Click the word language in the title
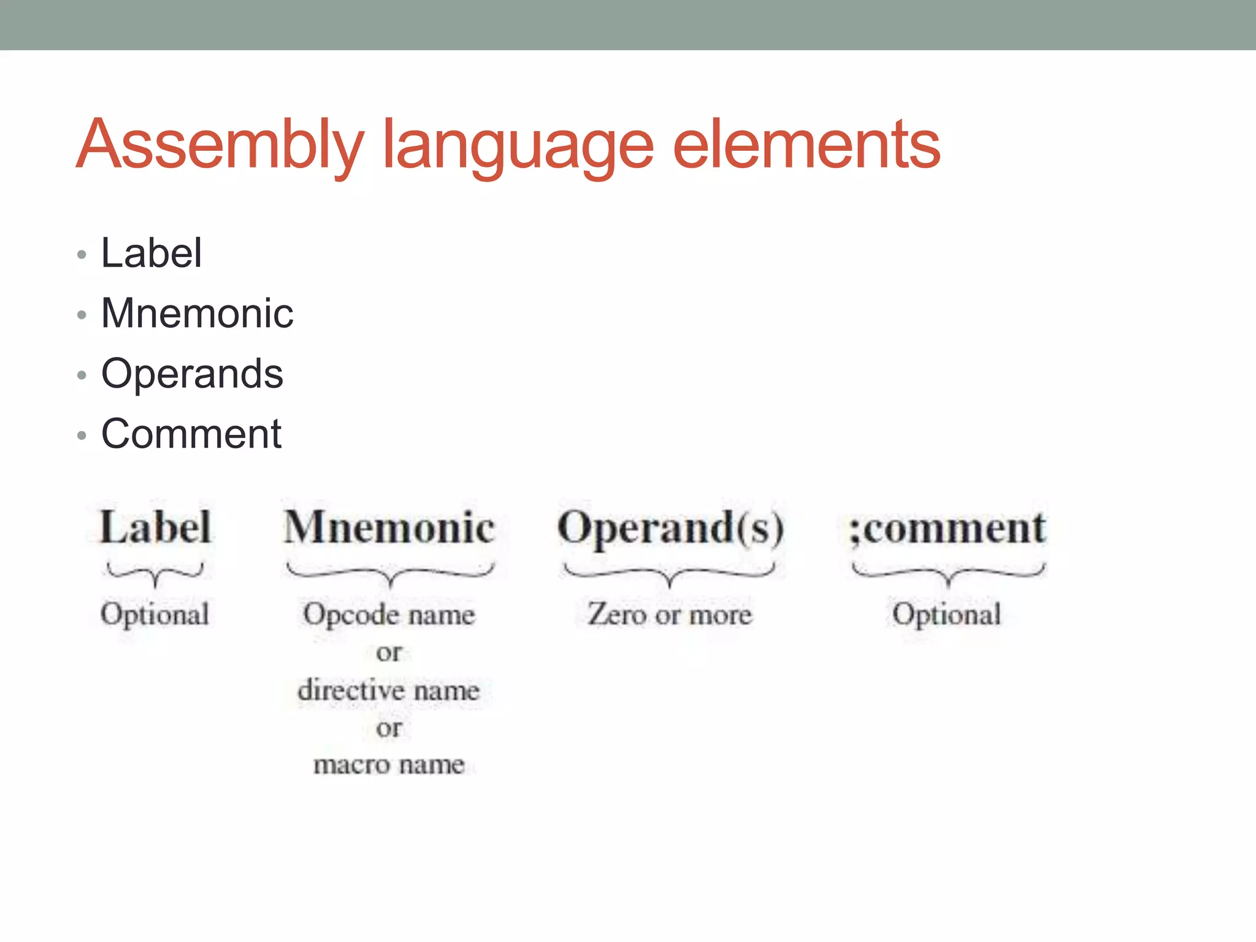(518, 147)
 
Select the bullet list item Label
(151, 253)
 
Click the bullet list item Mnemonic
(197, 313)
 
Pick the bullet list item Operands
(192, 373)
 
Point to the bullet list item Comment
(191, 434)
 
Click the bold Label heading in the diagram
(156, 527)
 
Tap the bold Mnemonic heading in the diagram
(389, 527)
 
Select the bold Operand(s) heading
(670, 528)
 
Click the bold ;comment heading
(948, 528)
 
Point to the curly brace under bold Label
(155, 574)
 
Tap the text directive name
(389, 691)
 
